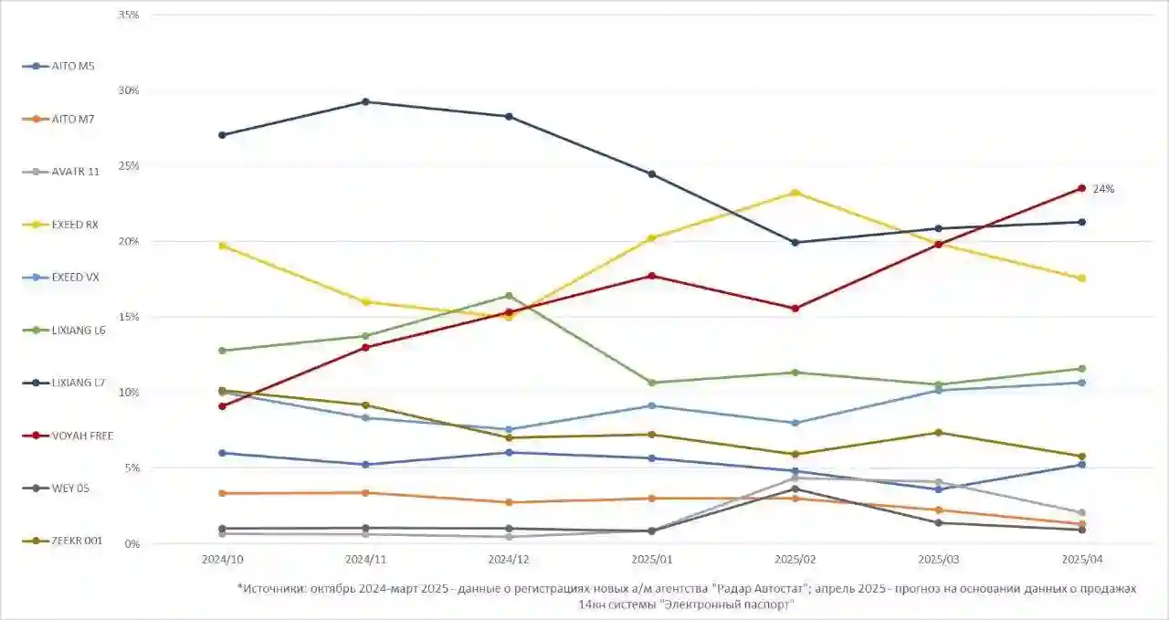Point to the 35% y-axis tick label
(x=129, y=16)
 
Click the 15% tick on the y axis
(x=129, y=317)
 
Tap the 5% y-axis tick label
(x=132, y=468)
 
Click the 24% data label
(x=1103, y=189)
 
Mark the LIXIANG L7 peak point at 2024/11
(x=365, y=101)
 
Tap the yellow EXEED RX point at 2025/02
(x=795, y=193)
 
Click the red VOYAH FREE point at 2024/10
(x=222, y=406)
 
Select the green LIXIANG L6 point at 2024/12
(x=509, y=296)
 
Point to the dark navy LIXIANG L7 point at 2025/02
(x=795, y=243)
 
